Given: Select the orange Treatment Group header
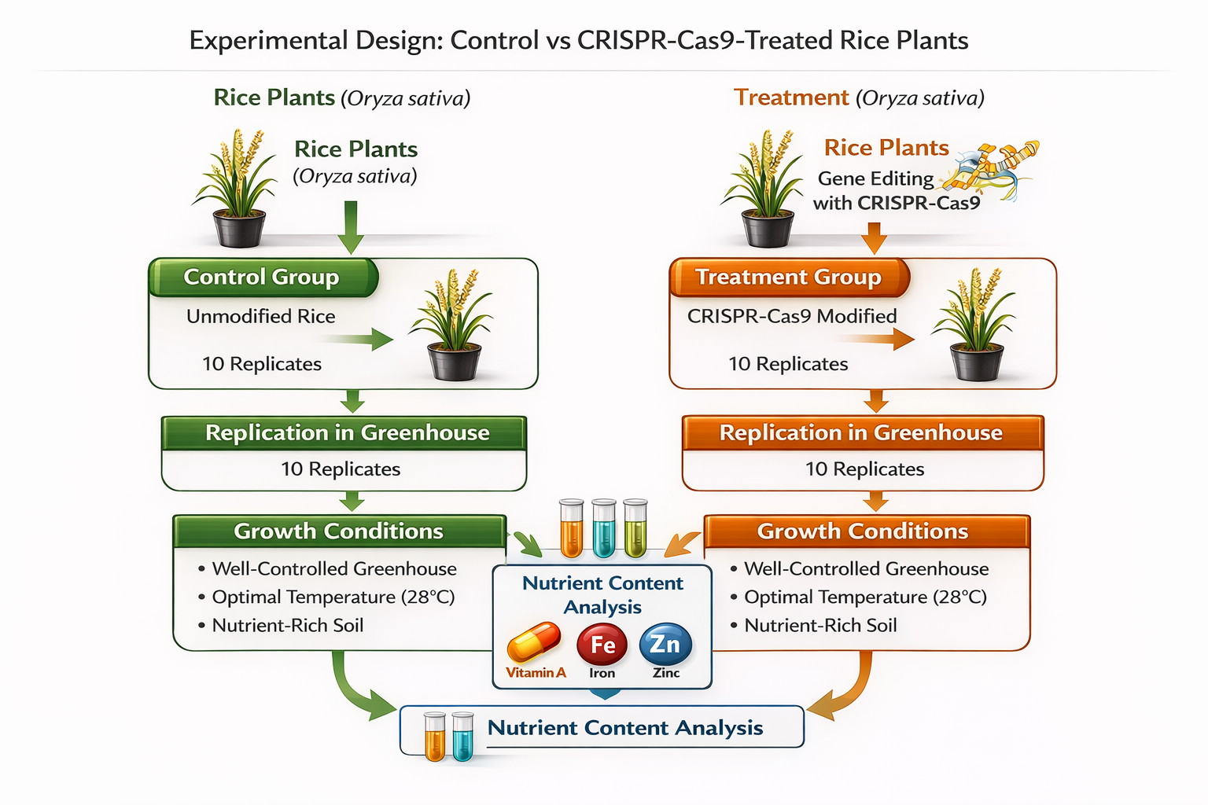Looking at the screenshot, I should (x=789, y=278).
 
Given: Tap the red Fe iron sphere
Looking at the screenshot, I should (x=602, y=645).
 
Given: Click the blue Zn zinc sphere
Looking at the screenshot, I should (x=665, y=644).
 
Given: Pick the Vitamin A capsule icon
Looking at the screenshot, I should (x=534, y=642).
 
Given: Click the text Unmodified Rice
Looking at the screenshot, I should (x=260, y=316).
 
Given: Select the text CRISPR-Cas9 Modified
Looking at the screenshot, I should (x=792, y=316).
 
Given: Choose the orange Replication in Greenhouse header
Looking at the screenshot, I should (x=862, y=433).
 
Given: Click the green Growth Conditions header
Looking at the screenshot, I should (x=339, y=531).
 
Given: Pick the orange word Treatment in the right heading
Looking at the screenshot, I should (x=791, y=97).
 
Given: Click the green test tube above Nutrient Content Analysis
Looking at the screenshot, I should (x=635, y=527).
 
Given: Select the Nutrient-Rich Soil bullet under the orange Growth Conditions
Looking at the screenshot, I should (x=820, y=626).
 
